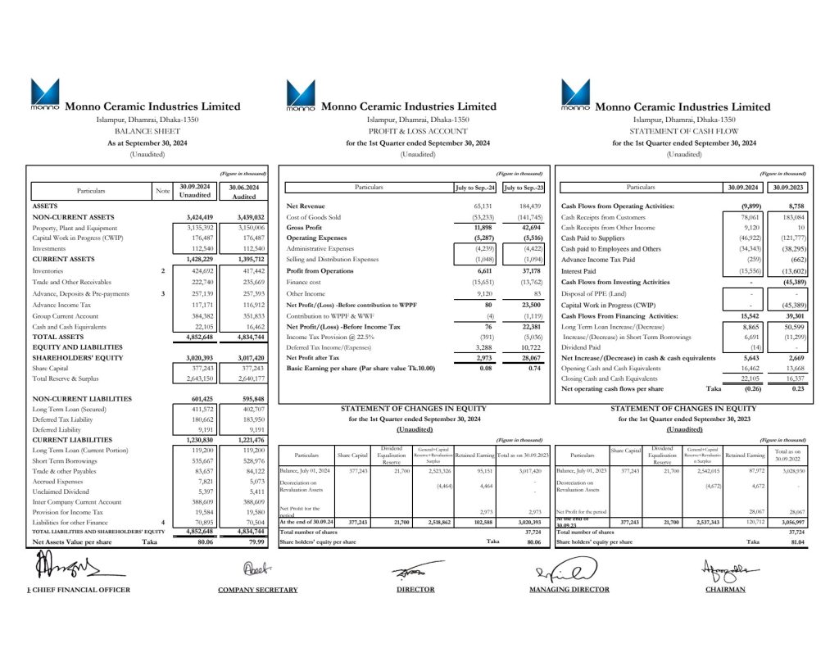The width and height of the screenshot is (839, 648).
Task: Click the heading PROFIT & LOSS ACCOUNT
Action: coord(417,131)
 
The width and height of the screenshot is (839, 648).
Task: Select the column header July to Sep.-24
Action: coord(477,188)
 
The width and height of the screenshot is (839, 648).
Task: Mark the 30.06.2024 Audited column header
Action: coord(245,191)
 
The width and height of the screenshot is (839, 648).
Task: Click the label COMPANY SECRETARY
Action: coord(246,589)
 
